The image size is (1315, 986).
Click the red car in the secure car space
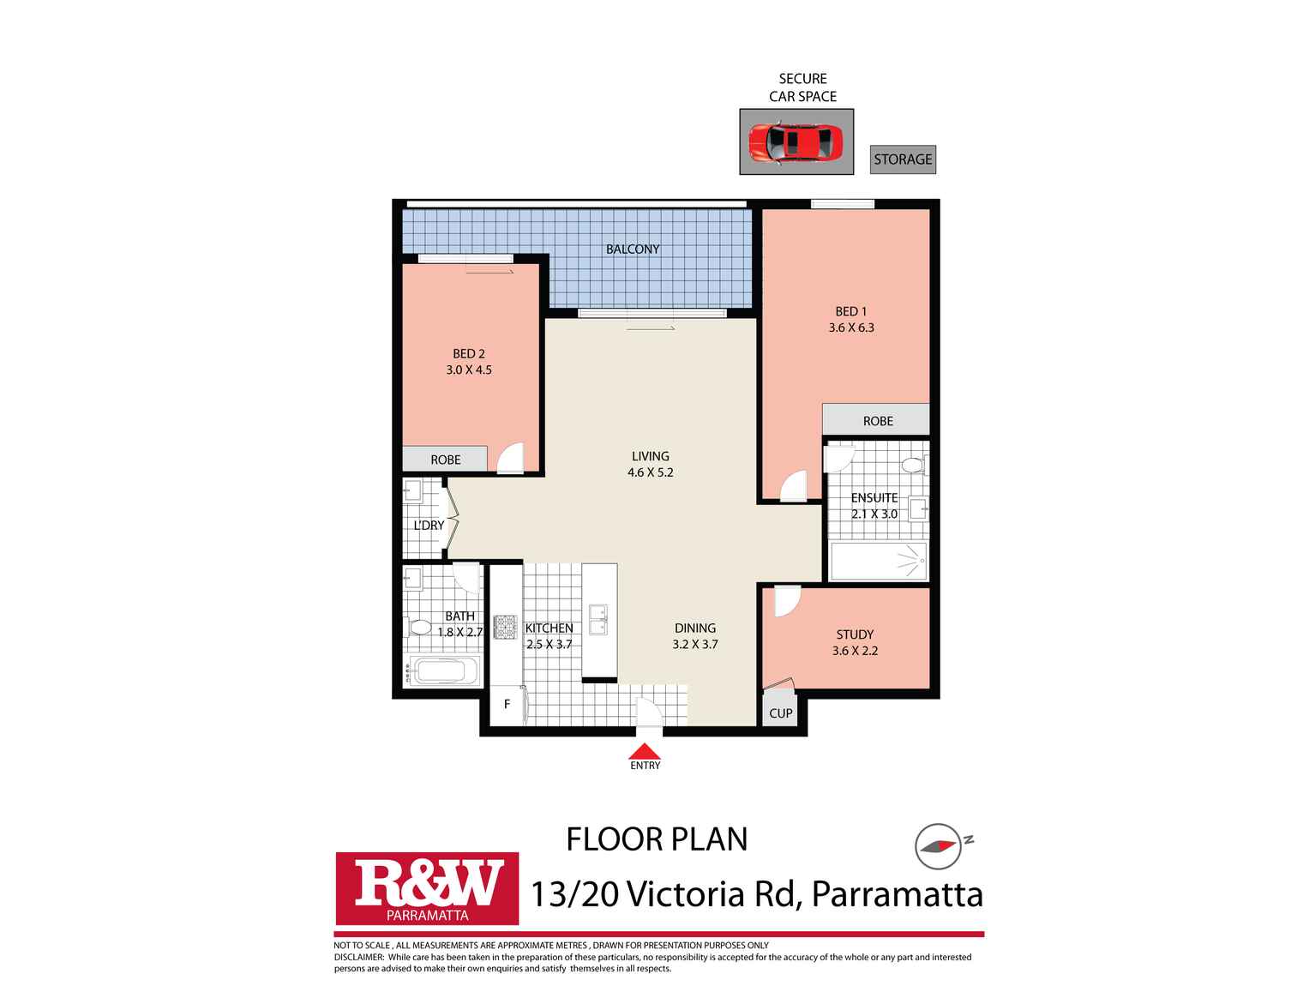(796, 142)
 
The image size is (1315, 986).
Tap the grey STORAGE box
(903, 159)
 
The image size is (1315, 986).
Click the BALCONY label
(633, 250)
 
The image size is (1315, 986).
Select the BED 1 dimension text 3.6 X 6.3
(851, 328)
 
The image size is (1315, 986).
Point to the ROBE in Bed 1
(877, 421)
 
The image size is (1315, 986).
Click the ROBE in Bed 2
(445, 460)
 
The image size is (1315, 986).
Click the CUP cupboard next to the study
(780, 712)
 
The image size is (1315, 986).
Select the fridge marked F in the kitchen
(507, 705)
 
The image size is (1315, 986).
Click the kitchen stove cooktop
(505, 628)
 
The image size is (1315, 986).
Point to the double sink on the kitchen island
(597, 619)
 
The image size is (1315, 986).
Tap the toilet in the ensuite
(912, 466)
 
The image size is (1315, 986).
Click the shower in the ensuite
(878, 562)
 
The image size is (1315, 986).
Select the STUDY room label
(855, 634)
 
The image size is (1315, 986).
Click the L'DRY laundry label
(429, 525)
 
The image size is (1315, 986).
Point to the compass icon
(937, 846)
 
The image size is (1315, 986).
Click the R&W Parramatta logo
(427, 888)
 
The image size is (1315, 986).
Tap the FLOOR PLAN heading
(657, 839)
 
